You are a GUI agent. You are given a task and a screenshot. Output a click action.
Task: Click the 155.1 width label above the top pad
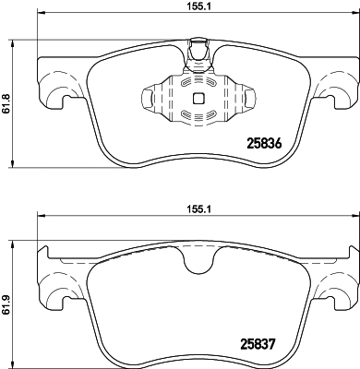(x=193, y=6)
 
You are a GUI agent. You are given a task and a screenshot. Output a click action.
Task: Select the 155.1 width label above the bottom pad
(x=193, y=209)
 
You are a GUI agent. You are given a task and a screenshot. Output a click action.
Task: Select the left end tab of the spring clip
(x=148, y=97)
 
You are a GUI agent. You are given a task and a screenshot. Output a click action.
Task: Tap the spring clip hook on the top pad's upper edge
(x=197, y=51)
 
